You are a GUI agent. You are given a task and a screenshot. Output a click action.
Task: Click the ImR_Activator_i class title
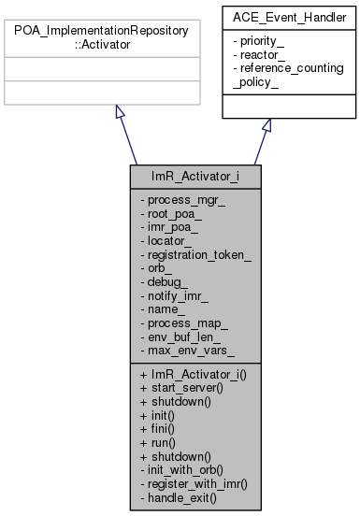(x=179, y=176)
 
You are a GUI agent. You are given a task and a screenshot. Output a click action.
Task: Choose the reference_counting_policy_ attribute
(x=288, y=75)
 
